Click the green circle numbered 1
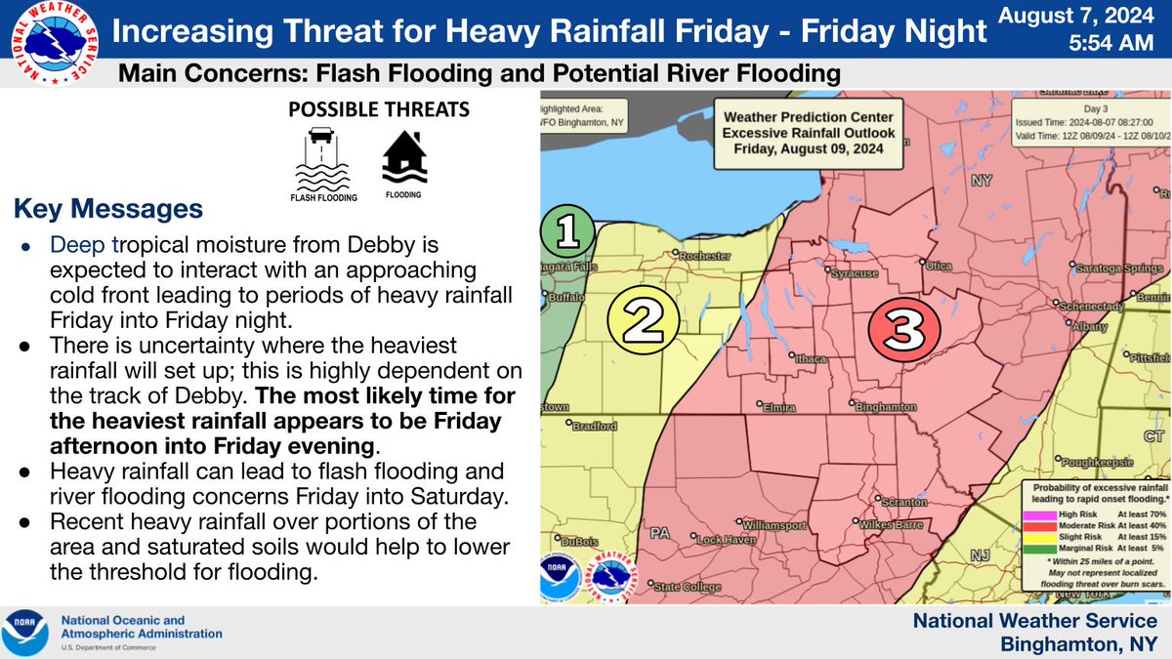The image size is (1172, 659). point(566,231)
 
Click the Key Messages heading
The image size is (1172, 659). point(107,209)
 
